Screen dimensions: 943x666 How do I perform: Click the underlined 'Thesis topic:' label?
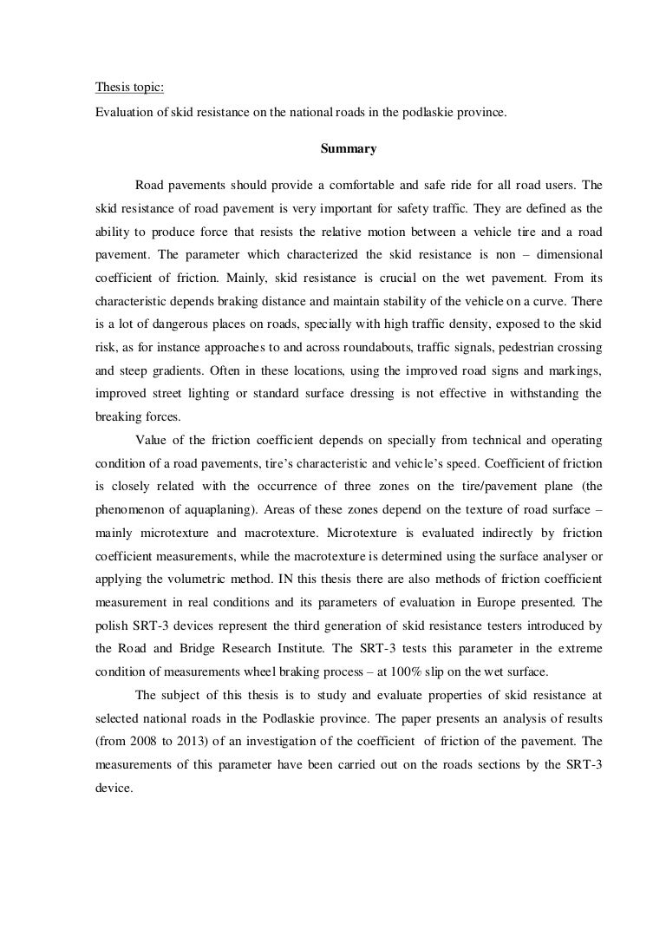tap(123, 88)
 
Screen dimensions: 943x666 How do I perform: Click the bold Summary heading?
tap(349, 149)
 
